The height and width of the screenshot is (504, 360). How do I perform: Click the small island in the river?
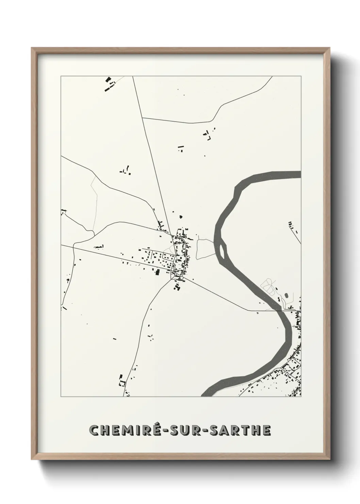(x=223, y=250)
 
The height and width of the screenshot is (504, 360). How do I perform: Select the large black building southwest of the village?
(x=158, y=272)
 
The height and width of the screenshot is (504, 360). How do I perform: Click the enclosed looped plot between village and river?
(x=204, y=248)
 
